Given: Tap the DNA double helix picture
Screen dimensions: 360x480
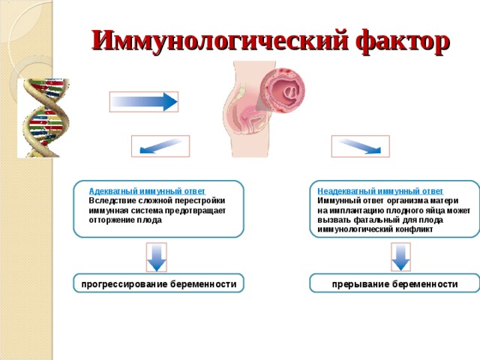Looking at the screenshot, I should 43,118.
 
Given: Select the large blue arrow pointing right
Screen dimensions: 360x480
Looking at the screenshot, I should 143,101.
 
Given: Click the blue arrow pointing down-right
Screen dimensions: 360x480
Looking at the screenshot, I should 360,146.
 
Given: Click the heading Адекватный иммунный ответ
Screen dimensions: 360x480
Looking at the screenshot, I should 146,191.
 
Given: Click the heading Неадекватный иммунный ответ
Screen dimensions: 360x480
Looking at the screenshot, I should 379,191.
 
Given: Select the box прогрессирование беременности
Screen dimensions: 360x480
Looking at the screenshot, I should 158,284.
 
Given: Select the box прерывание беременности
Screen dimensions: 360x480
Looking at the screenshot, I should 394,284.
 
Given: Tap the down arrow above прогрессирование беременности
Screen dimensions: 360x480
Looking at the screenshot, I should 156,256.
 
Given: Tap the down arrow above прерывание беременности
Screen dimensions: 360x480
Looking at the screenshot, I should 401,256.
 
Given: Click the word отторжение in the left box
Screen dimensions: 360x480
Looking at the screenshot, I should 110,220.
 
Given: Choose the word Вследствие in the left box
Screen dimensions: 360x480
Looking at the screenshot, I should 112,201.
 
